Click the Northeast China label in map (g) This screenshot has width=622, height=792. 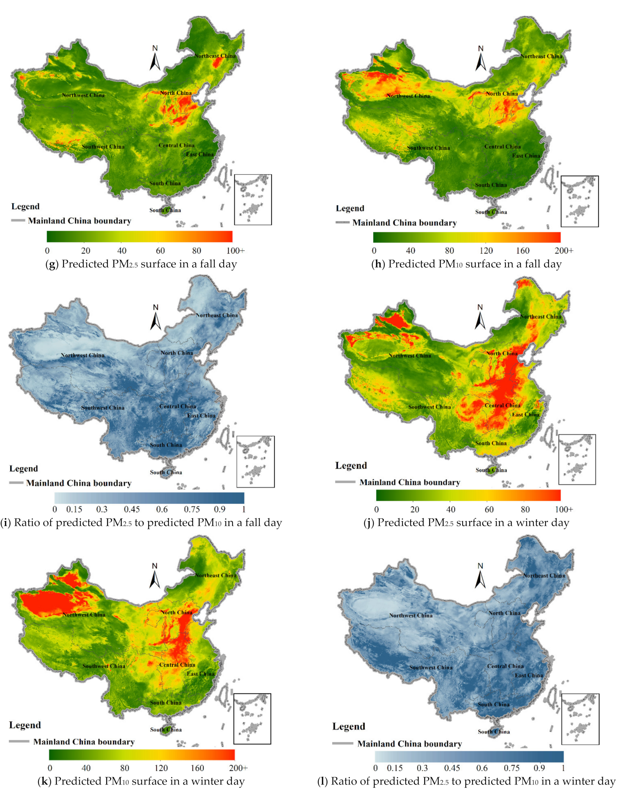(x=215, y=56)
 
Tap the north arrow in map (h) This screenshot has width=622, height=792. (x=481, y=59)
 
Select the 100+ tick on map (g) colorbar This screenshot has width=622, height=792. (x=235, y=251)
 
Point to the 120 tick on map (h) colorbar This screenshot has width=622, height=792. (x=486, y=251)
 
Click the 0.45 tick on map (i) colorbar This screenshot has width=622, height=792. (x=132, y=509)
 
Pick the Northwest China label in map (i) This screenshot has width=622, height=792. (x=83, y=355)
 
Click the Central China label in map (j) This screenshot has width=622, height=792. (x=502, y=405)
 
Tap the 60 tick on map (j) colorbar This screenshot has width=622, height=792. (x=489, y=509)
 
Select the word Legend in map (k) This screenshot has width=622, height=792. (x=25, y=725)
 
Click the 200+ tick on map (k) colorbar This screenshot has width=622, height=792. (x=238, y=768)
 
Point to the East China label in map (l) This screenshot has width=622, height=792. (x=529, y=675)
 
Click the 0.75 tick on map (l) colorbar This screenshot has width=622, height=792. (x=512, y=768)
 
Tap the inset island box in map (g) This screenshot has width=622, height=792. (x=253, y=199)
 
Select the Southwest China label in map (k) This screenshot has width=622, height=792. (x=104, y=666)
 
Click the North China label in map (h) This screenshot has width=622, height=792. (x=502, y=94)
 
